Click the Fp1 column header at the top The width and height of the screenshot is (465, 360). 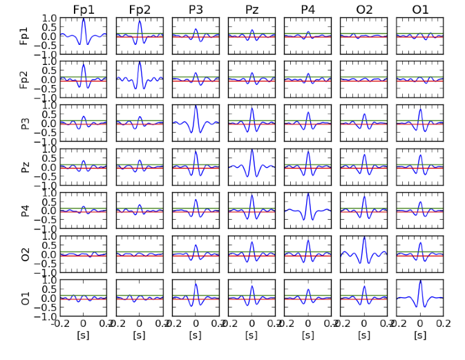84,9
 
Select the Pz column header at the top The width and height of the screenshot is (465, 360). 252,9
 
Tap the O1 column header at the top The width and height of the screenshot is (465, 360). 420,9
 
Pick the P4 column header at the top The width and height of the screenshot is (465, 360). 308,9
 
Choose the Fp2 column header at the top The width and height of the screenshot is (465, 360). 140,9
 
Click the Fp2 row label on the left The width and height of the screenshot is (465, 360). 26,79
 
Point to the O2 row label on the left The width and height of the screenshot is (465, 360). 26,254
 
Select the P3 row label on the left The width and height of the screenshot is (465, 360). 26,123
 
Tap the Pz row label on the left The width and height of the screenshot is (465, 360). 26,167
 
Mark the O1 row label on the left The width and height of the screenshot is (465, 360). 26,298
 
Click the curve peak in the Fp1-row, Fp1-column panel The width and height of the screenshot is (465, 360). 84,19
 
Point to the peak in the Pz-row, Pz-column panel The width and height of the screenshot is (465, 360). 252,150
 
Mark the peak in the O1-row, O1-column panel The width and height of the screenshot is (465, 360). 420,281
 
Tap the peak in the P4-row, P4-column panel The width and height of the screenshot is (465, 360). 308,193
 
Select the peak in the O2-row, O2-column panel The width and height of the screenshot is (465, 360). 364,237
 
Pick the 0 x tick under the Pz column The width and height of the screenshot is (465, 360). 252,323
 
